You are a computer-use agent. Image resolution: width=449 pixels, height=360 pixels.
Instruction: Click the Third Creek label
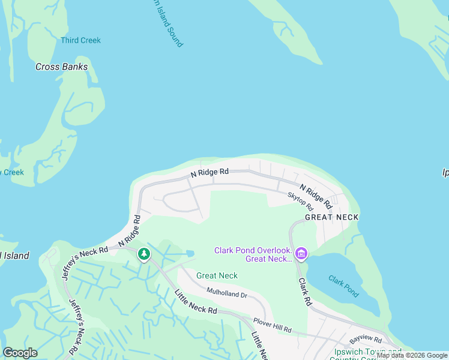tap(80, 40)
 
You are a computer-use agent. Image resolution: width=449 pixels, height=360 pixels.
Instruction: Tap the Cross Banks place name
tap(61, 67)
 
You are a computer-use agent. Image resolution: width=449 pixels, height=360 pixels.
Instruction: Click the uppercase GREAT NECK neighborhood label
tap(331, 217)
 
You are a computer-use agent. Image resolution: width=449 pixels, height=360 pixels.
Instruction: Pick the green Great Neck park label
tap(217, 276)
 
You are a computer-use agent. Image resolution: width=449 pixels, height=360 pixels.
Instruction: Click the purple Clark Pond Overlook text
tap(253, 254)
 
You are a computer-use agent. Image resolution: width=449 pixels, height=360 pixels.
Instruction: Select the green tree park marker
tap(143, 254)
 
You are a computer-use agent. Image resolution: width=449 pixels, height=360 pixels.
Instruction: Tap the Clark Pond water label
tap(343, 286)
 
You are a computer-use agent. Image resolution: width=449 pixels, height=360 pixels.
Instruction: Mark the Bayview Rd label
tap(366, 340)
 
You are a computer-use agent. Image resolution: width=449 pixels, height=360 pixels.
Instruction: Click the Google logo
tap(20, 353)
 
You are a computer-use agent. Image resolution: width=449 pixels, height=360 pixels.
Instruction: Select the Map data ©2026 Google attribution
tap(412, 356)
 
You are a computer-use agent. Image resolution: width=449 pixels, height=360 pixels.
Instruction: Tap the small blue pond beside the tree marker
tap(190, 254)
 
